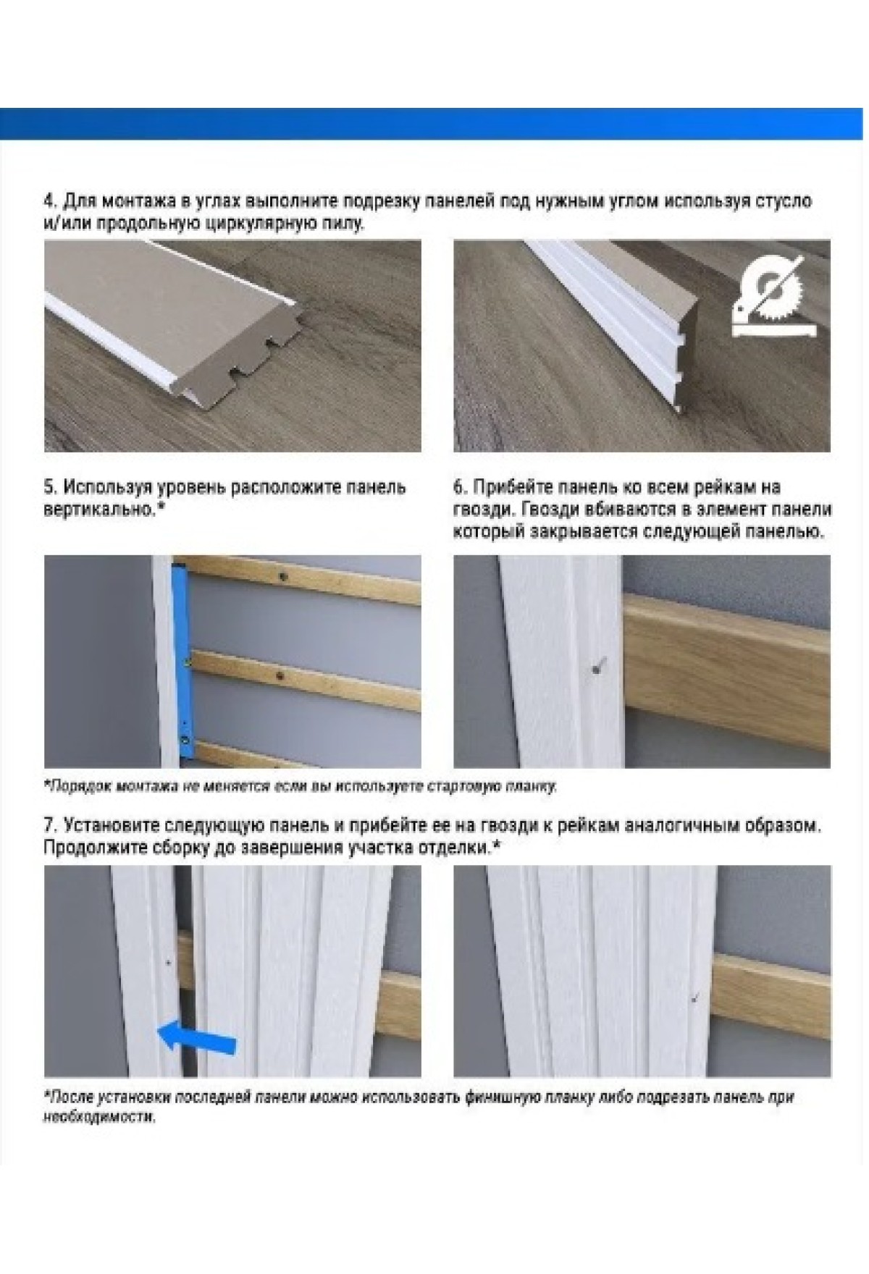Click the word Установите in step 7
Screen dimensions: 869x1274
coord(109,824)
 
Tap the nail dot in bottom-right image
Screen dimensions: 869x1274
coord(694,999)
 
